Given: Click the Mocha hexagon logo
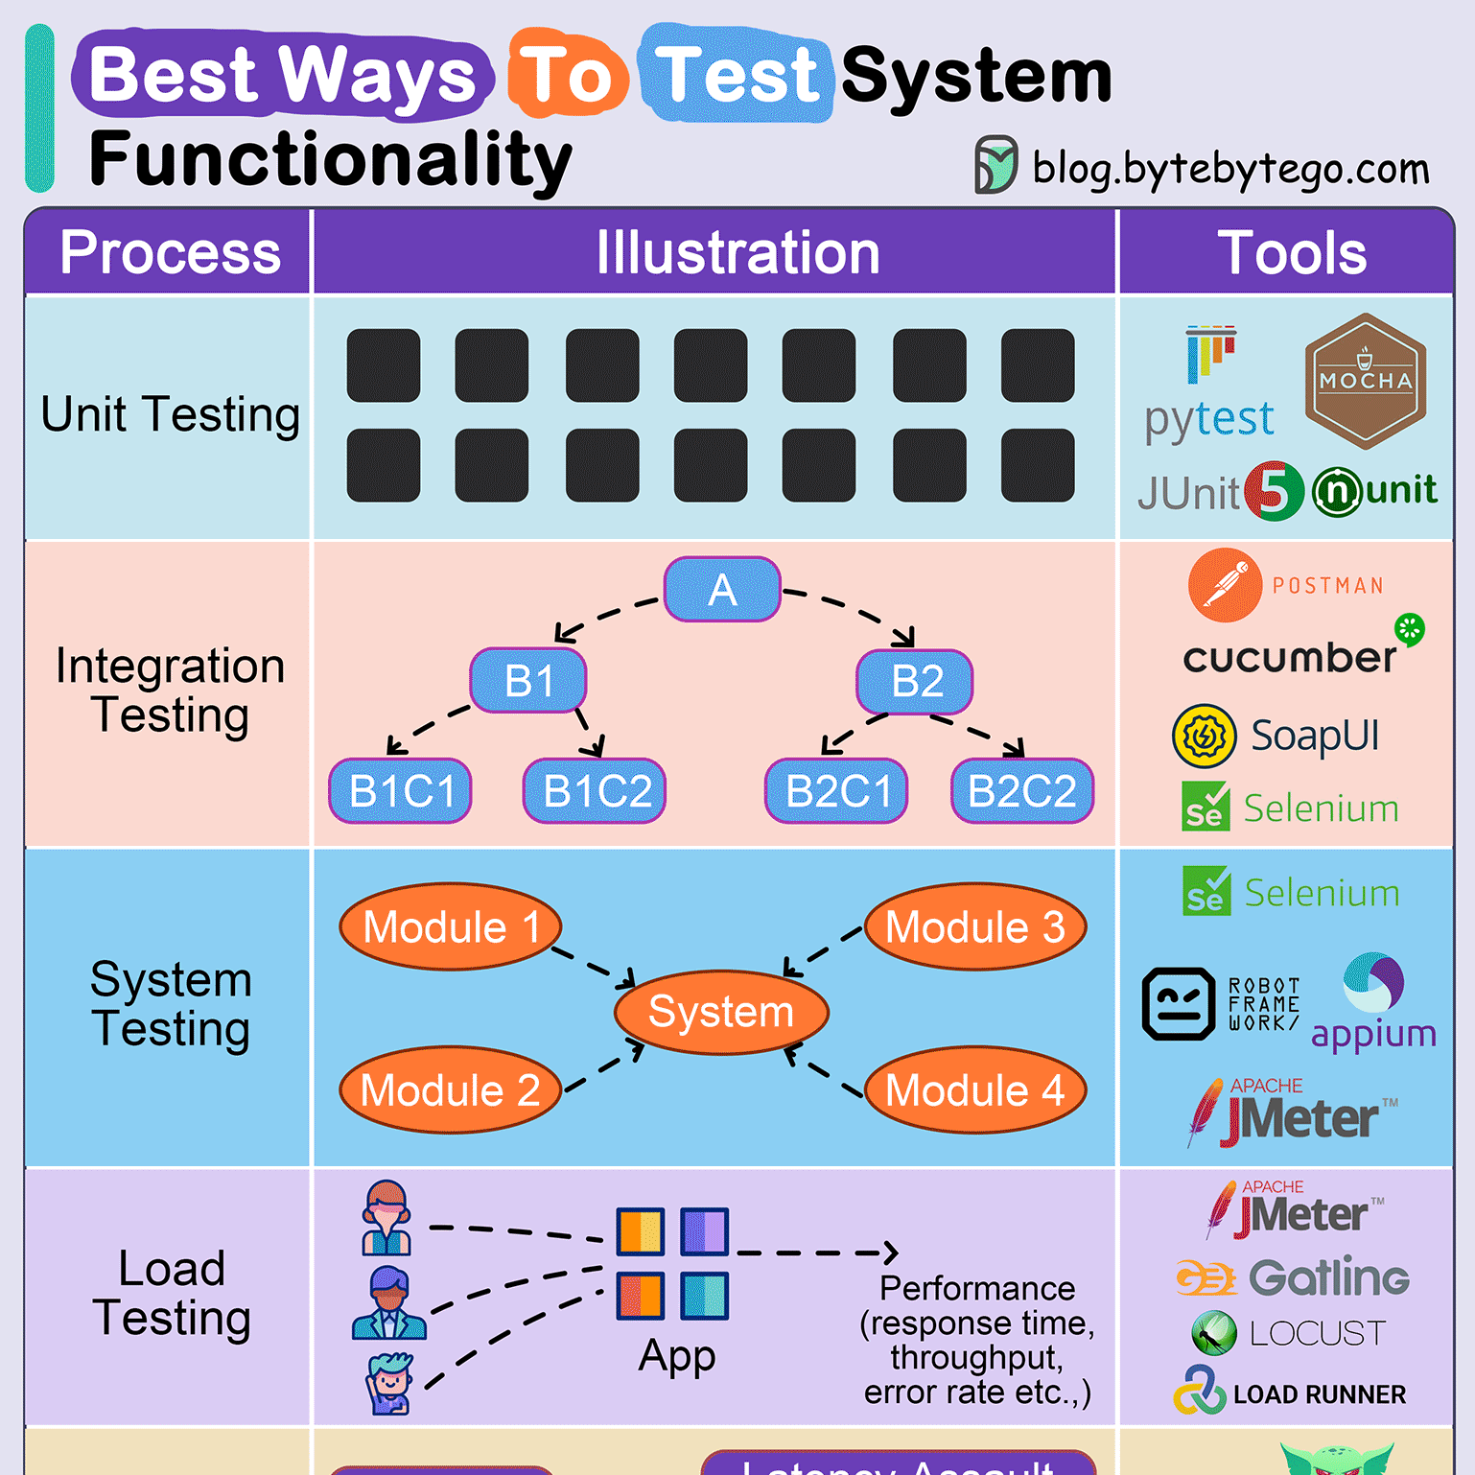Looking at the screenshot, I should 1365,381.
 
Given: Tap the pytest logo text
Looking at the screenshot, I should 1208,419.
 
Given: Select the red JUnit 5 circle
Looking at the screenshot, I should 1274,491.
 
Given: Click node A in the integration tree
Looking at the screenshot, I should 722,589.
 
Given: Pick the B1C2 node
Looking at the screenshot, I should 595,791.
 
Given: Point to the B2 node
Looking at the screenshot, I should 915,682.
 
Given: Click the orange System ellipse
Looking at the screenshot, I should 721,1013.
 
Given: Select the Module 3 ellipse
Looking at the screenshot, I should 975,927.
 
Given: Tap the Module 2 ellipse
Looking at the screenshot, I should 450,1090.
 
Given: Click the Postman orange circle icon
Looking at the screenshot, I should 1225,585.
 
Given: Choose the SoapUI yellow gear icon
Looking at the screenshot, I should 1205,737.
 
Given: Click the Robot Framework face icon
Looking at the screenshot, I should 1179,1004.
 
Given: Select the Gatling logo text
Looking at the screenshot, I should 1328,1277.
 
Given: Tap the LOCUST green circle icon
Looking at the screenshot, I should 1214,1333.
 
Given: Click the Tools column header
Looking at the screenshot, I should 1291,253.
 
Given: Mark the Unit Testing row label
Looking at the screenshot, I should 170,415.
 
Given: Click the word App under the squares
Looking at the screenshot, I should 677,1356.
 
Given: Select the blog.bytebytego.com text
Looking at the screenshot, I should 1230,169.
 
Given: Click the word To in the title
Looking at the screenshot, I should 567,76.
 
